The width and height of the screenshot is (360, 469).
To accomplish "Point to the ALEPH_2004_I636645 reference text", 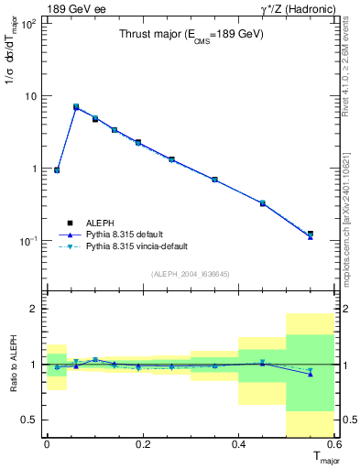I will pos(191,274).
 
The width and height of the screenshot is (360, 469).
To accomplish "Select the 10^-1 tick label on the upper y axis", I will pos(30,240).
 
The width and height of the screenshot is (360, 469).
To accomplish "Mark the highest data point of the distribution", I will pos(76,107).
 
